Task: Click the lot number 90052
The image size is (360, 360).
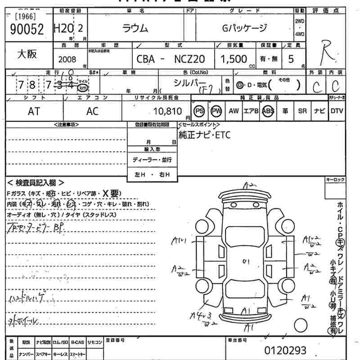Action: [26, 29]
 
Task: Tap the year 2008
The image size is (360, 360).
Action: [67, 58]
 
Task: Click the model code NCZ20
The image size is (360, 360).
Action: [189, 59]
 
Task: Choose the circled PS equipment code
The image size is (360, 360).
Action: [199, 111]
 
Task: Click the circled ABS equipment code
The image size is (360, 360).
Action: [268, 111]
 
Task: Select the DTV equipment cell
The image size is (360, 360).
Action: [337, 111]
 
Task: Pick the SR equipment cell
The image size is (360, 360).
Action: [302, 111]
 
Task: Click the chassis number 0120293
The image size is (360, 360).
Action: [285, 350]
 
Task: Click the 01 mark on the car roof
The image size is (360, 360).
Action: [246, 261]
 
